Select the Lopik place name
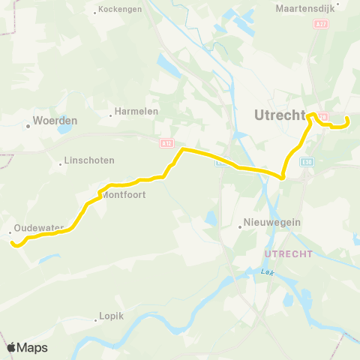(x=111, y=316)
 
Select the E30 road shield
(x=307, y=160)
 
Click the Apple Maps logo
(x=27, y=347)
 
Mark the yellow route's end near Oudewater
(x=11, y=241)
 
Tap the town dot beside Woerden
(x=28, y=125)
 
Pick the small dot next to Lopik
(x=96, y=320)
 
